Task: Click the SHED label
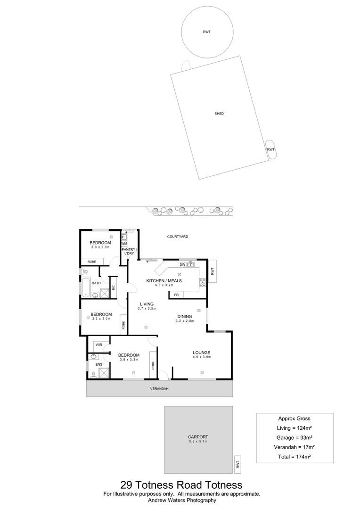tap(219, 114)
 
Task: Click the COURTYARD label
tap(178, 237)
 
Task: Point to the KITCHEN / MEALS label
tap(164, 281)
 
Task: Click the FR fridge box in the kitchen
tap(176, 295)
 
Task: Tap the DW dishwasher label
tap(182, 264)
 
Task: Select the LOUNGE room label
tap(201, 353)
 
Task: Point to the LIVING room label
tap(147, 304)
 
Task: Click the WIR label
tap(99, 345)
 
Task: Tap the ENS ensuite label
tap(99, 364)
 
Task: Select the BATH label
tap(96, 283)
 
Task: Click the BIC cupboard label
tap(113, 287)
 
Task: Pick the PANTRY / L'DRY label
tap(129, 251)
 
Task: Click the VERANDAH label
tap(159, 389)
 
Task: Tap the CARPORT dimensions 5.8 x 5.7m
tap(198, 442)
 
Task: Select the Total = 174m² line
tap(295, 457)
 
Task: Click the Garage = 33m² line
tap(295, 437)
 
